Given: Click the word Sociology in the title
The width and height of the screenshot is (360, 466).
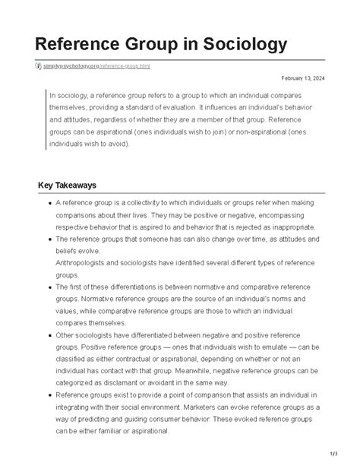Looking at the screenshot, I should point(242,44).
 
